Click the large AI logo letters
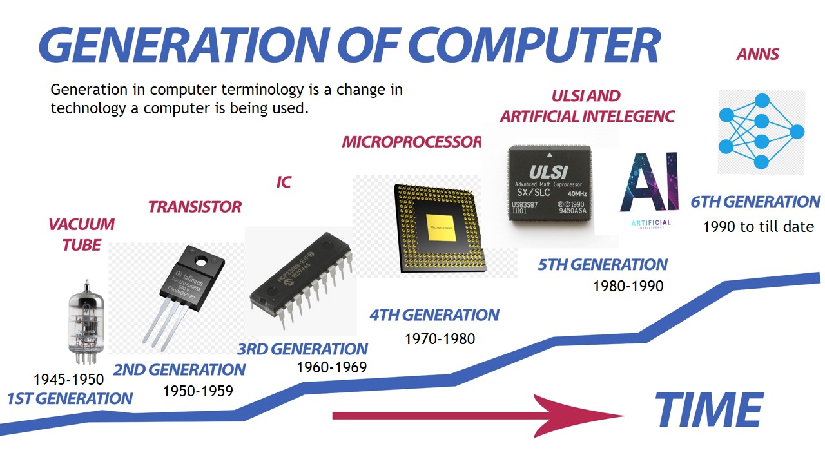point(648,183)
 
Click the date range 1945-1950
point(68,379)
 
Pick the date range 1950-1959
point(197,391)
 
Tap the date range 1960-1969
point(331,367)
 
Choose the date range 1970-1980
point(440,338)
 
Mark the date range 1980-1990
point(628,285)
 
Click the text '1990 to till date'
point(758,227)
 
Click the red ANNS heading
point(757,54)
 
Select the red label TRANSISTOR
point(195,207)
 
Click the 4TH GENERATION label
point(434,315)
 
